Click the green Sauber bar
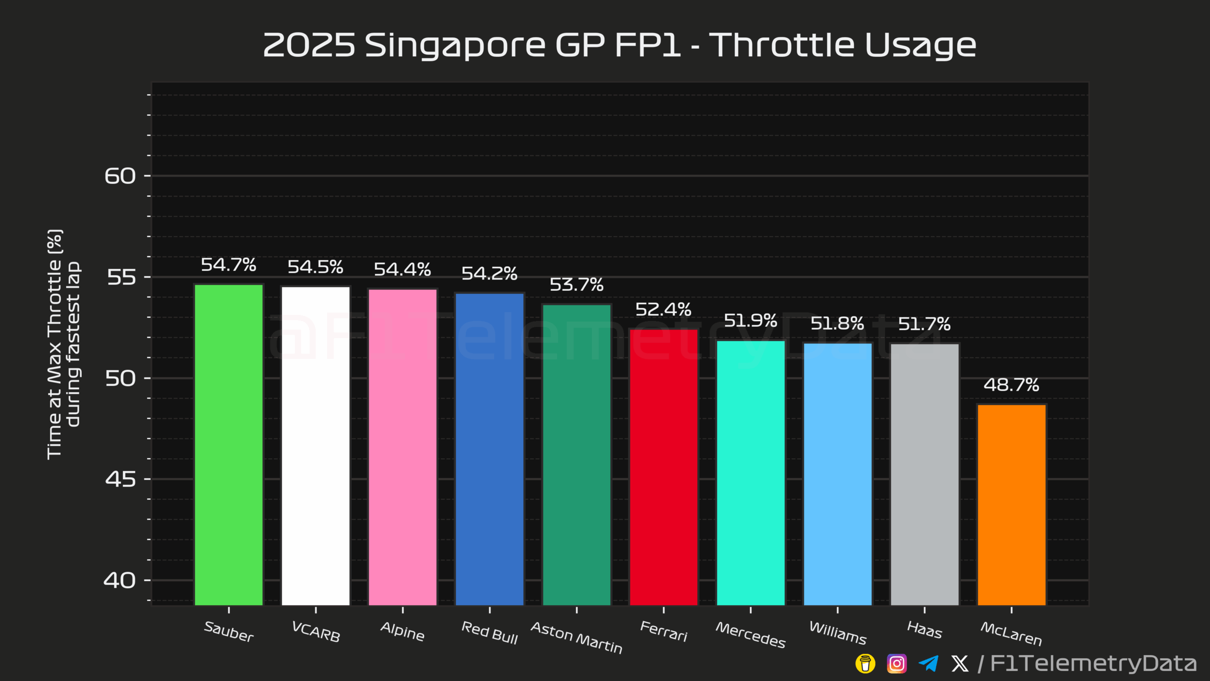point(229,445)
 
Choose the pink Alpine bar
point(403,447)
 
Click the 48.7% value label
point(1011,385)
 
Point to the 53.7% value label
point(577,285)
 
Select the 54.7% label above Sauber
point(229,265)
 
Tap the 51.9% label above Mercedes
point(751,321)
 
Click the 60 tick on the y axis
point(120,176)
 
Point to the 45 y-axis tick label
point(120,479)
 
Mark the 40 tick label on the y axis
point(120,580)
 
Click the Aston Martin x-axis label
point(577,637)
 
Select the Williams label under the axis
point(838,633)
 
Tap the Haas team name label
point(925,630)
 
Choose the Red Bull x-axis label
point(490,633)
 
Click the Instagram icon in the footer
point(897,664)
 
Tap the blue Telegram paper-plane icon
point(928,664)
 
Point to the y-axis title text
point(63,344)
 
